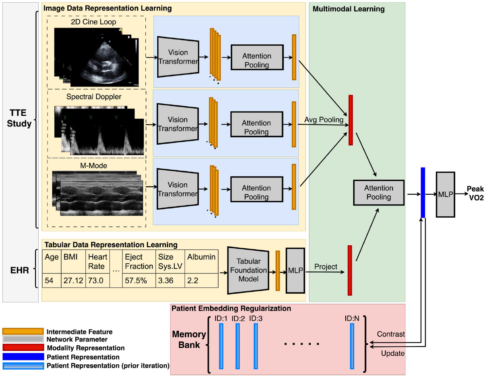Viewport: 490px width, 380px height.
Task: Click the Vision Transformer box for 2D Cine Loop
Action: coord(178,57)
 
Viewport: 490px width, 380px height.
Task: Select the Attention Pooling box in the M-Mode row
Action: coord(257,190)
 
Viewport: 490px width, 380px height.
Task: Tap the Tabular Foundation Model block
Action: coord(248,270)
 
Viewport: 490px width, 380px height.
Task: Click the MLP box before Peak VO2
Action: coord(445,194)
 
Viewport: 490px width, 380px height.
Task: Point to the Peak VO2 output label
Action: coord(475,193)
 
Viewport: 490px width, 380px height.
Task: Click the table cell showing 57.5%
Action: coord(136,280)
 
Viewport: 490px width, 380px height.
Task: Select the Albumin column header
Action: coord(201,257)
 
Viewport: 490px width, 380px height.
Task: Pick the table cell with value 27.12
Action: coord(73,280)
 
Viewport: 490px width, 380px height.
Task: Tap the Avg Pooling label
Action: coord(323,120)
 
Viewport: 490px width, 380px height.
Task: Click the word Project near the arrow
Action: coord(325,267)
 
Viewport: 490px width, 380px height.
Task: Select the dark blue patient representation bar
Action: coord(423,192)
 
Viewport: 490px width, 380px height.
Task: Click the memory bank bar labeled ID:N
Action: coord(352,346)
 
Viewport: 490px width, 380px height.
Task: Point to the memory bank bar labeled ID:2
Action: coord(238,346)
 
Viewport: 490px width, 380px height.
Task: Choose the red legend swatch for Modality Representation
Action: coord(23,347)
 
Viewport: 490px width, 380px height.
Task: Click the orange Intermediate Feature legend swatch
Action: coord(23,331)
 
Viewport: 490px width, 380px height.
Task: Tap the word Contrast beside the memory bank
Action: coord(390,334)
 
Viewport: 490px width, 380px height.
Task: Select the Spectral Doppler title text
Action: coord(94,97)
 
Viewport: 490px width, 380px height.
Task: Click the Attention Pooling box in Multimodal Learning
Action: coord(379,192)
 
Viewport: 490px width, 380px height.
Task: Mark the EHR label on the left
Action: coord(19,270)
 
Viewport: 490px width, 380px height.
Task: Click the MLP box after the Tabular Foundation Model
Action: coord(295,270)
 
